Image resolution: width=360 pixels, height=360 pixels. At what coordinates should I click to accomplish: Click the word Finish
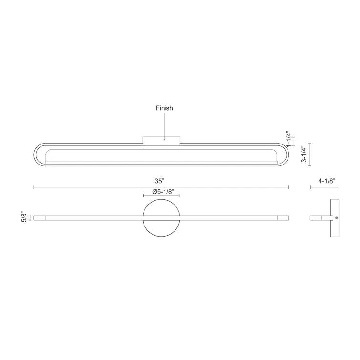(x=164, y=108)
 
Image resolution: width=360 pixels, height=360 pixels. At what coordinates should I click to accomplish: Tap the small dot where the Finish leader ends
(x=164, y=140)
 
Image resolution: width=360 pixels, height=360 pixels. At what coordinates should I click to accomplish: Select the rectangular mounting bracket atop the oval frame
(x=162, y=140)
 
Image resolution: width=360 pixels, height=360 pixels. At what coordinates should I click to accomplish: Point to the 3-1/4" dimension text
(x=303, y=154)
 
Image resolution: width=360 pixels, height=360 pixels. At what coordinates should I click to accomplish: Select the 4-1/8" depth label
(x=327, y=181)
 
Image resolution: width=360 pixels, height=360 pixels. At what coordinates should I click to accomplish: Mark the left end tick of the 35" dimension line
(x=34, y=187)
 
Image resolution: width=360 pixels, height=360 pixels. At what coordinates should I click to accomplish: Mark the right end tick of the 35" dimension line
(x=288, y=187)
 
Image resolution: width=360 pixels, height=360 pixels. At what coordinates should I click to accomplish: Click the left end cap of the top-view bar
(x=39, y=218)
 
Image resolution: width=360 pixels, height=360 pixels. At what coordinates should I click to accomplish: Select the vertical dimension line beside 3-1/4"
(x=310, y=154)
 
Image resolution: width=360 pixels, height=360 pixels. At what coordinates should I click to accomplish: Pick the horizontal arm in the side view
(x=321, y=218)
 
